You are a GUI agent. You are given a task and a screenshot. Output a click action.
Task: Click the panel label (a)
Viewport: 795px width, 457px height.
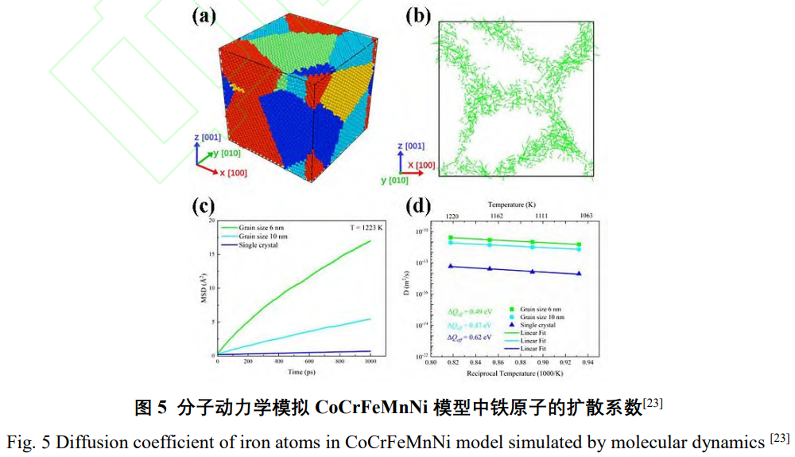tap(204, 17)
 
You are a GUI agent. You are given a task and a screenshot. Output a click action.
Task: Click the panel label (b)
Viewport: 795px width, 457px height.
tap(418, 17)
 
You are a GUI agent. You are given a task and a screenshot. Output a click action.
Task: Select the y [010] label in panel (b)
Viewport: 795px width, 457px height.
tap(395, 180)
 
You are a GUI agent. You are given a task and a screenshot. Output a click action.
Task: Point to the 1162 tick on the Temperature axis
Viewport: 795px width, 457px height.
tap(496, 215)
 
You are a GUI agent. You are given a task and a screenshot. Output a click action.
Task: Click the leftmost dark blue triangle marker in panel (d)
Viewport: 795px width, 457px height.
tap(451, 266)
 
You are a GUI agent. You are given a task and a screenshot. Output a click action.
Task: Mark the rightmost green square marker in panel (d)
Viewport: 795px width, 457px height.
tap(578, 244)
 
